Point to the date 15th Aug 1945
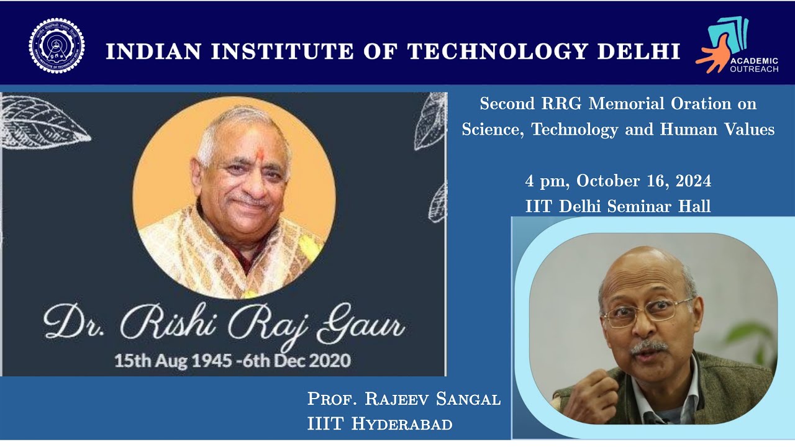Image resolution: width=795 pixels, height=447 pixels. (x=165, y=361)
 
